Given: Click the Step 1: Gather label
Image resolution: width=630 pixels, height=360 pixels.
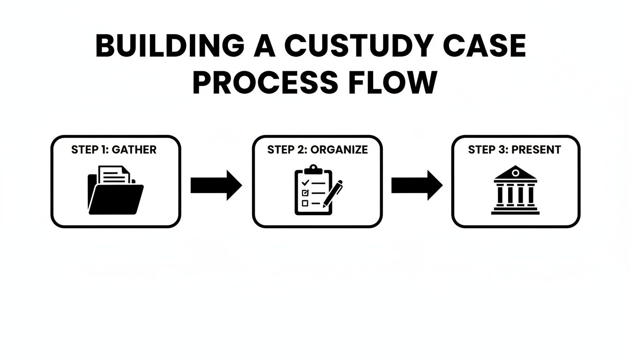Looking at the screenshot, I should (x=114, y=150).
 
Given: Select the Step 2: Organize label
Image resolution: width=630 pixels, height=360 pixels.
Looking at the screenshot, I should (x=317, y=150).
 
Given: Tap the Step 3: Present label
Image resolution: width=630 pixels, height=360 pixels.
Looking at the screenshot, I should (x=515, y=150).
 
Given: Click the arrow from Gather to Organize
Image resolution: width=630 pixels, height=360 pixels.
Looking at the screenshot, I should (x=216, y=186).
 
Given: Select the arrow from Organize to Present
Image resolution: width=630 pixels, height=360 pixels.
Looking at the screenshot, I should (x=417, y=186).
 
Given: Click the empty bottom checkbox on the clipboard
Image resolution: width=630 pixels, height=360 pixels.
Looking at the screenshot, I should (x=305, y=203).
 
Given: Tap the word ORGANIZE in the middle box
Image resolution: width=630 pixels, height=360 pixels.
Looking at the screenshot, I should (x=339, y=150).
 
